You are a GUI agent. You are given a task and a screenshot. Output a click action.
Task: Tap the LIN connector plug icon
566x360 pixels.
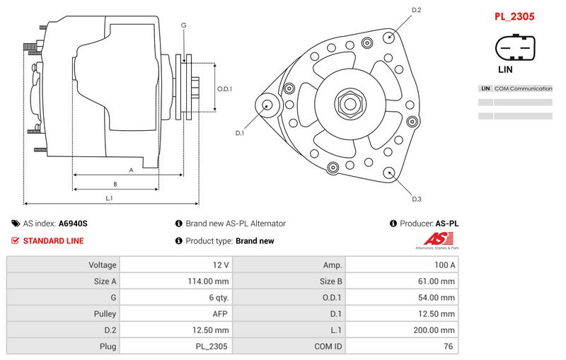tap(514, 50)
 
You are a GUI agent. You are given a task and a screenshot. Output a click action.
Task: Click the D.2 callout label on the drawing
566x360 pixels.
tap(416, 10)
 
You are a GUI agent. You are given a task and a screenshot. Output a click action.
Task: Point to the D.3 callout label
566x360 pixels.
tap(416, 199)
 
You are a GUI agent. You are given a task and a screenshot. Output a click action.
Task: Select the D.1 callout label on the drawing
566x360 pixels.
tap(239, 133)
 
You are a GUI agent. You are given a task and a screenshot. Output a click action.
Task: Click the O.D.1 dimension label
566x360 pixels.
tap(224, 89)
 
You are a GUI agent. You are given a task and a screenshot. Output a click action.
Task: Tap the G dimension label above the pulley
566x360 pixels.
tap(184, 25)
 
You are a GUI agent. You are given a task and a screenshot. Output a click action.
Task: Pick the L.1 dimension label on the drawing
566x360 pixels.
tap(110, 198)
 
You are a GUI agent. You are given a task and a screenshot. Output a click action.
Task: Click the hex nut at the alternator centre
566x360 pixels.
tap(348, 104)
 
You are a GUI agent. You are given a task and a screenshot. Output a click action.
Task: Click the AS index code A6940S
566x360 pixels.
tap(73, 223)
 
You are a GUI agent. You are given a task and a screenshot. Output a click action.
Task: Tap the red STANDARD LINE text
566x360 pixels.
tap(53, 240)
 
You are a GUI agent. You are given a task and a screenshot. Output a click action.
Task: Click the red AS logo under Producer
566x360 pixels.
tap(436, 239)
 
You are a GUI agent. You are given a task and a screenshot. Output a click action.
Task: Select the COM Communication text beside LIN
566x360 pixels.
tap(523, 88)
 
